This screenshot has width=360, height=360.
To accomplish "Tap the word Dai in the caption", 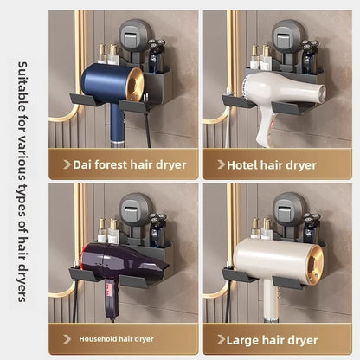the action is [82, 165].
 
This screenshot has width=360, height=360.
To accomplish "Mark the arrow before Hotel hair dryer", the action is [221, 164].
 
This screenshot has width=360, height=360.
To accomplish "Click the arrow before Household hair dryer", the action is [67, 339].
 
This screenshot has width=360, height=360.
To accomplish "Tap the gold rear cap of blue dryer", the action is [135, 85].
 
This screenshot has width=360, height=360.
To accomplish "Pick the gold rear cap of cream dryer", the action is [315, 265].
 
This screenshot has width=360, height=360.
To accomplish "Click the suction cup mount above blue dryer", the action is [133, 35].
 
